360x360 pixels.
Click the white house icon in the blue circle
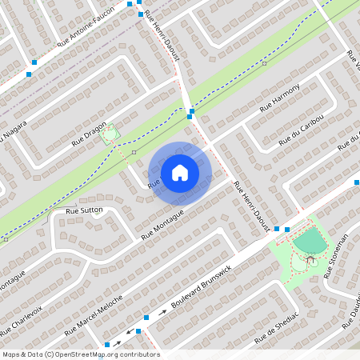point(180,173)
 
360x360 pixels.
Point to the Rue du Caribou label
point(301,130)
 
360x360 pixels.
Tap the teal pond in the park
point(310,241)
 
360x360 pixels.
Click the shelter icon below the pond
point(311,260)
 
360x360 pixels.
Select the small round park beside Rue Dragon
point(110,134)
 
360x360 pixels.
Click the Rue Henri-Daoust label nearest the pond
point(251,207)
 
